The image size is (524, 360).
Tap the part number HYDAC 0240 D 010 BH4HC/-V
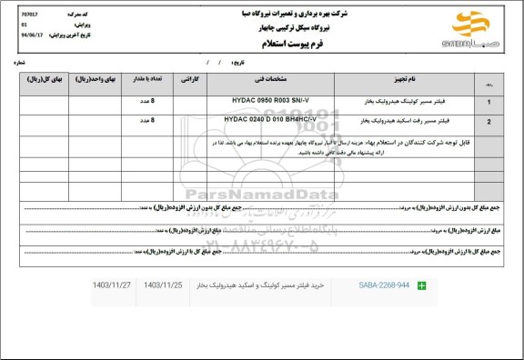coord(270,119)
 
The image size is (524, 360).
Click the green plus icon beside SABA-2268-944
coord(421,286)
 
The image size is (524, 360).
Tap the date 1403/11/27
coord(112,286)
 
